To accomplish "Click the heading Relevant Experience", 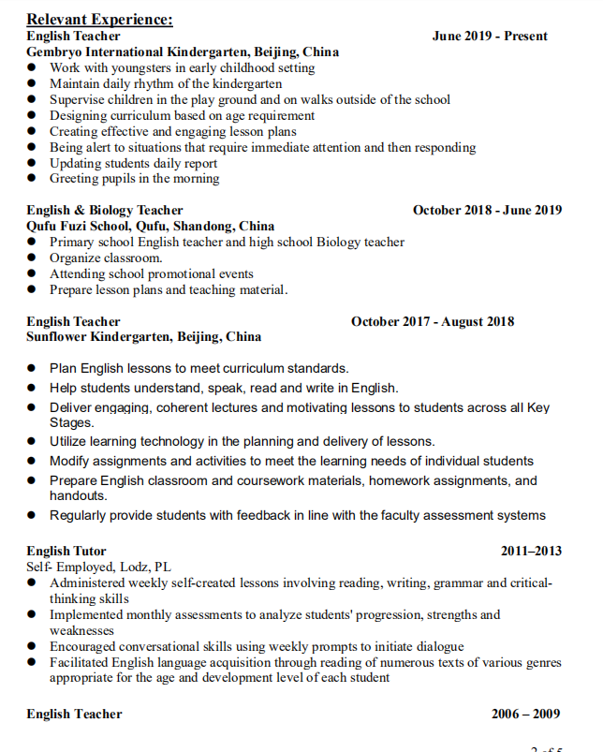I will pos(99,19).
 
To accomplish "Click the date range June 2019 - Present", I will pos(490,36).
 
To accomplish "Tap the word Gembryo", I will pos(55,52).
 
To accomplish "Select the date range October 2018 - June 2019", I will pos(487,210).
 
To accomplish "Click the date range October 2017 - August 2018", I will pos(433,321).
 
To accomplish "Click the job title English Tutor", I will pos(66,551).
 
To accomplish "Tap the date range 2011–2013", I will pos(531,551).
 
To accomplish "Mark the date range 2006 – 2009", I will pos(526,714).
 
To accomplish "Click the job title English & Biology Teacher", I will pos(105,210).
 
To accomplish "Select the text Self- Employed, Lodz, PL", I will pos(98,567).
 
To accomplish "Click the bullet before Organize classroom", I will pos(32,258).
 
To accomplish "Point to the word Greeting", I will pos(75,178).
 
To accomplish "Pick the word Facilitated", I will pos(81,662).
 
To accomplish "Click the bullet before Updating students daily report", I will pos(32,163).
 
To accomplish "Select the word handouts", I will pos(78,495).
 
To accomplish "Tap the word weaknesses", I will pos(81,630).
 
